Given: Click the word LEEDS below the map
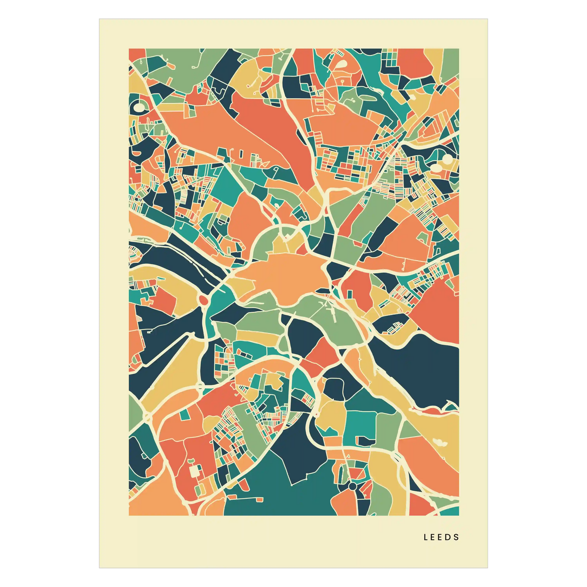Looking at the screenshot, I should pos(441,537).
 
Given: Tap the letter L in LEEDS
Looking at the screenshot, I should pos(426,537).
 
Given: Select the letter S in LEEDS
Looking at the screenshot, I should pos(457,537).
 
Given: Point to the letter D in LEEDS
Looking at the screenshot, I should pos(449,537).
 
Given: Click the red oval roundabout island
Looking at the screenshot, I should pos(204,300).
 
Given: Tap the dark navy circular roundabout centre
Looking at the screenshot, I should pos(352,486).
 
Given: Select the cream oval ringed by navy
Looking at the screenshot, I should pos(139,107).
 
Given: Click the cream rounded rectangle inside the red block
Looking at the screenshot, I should pos(195,471).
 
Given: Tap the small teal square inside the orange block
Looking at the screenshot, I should pos(185,414).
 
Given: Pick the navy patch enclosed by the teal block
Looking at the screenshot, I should pos(366,441).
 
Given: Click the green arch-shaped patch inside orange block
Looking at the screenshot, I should pos(423,238).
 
